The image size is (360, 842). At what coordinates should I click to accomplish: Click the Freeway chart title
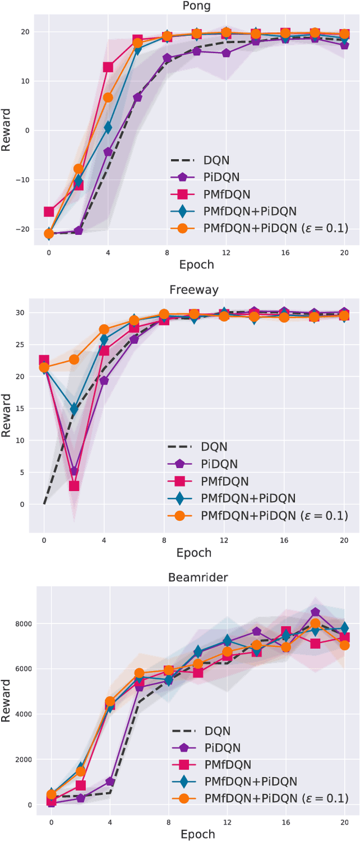tap(194, 290)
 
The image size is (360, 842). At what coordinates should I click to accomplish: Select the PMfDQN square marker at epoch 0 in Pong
tap(49, 212)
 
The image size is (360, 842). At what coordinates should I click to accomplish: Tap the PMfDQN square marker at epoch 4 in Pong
tap(108, 67)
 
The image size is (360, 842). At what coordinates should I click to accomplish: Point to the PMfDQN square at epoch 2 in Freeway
tap(74, 486)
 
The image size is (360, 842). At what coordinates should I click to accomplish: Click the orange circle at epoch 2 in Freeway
tap(74, 359)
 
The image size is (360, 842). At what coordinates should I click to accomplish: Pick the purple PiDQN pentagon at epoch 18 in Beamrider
tap(315, 613)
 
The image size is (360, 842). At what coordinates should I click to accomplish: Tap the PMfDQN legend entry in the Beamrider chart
tap(228, 764)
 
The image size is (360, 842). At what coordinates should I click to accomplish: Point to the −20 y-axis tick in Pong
tap(25, 229)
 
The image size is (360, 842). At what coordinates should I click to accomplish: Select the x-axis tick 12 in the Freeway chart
tap(224, 539)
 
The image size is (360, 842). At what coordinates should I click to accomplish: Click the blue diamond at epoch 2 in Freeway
tap(74, 409)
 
